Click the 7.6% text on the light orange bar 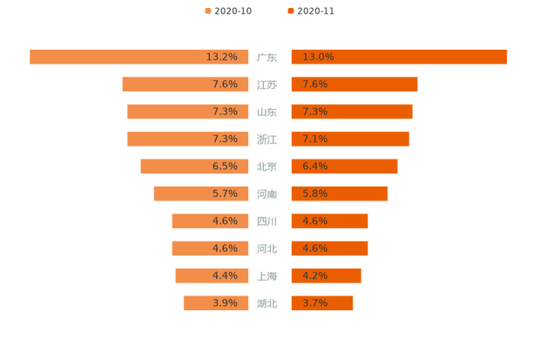click(225, 85)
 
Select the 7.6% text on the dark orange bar click(314, 85)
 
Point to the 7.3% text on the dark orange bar click(314, 112)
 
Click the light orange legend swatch click(206, 10)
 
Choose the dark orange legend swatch click(289, 10)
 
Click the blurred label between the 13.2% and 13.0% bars click(267, 58)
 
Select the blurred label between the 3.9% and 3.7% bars click(267, 303)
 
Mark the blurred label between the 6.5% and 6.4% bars click(267, 166)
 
